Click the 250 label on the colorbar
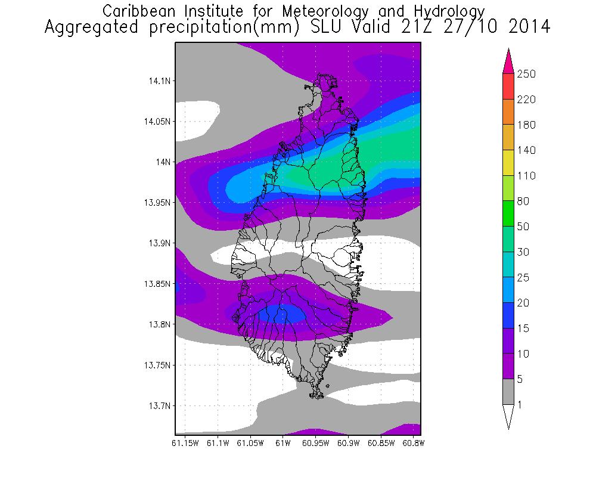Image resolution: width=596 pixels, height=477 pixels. point(527,74)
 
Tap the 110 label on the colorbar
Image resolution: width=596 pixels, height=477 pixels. point(527,176)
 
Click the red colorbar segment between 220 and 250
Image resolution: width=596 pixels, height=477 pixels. point(508,86)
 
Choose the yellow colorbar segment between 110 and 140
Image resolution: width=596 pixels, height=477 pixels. point(508,163)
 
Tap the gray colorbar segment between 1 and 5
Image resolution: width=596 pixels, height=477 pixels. point(508,392)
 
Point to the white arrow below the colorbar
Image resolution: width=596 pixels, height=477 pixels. point(508,416)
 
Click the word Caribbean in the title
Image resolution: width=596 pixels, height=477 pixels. point(141,11)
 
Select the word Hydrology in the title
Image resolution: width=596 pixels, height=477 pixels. point(446,11)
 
